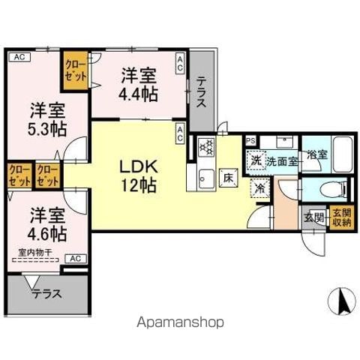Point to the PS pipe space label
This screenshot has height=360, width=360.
[250, 139]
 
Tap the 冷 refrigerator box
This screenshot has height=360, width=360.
[259, 190]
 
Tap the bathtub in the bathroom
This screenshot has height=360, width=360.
[342, 154]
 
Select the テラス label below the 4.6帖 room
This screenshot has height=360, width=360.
[46, 295]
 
